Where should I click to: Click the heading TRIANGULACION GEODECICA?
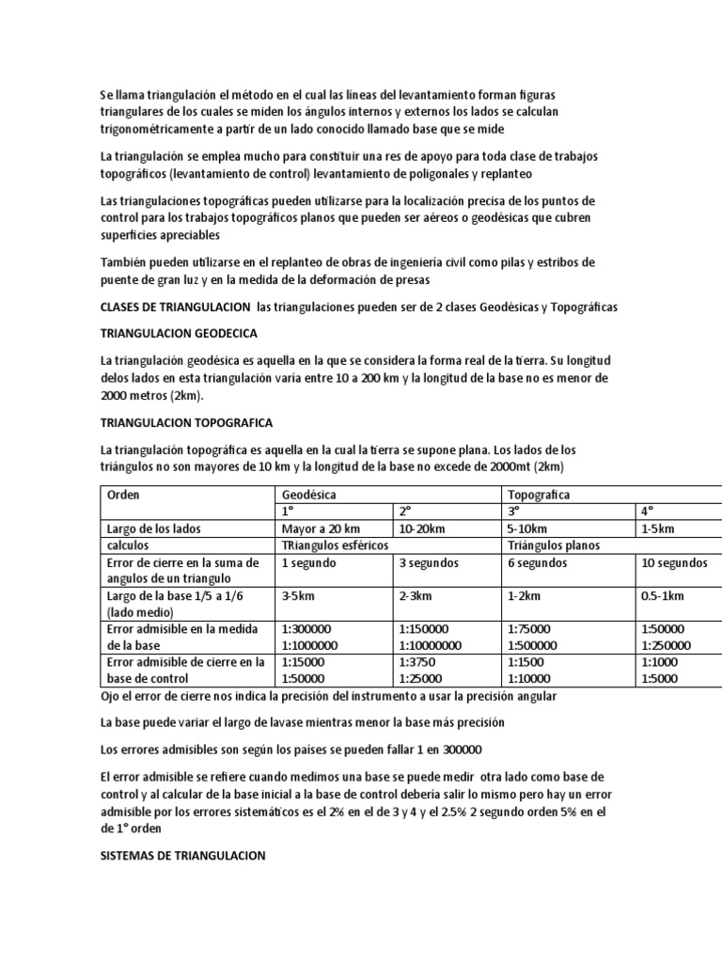coord(179,334)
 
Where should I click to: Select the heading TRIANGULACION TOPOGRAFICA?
coord(186,422)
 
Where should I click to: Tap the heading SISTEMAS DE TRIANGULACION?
coord(183,856)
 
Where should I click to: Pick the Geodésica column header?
coord(309,495)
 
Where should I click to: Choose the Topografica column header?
coord(539,495)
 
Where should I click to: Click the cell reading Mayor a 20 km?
coord(321,529)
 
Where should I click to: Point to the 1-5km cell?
coord(658,529)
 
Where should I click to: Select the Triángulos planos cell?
coord(554,545)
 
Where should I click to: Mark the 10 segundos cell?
coord(673,562)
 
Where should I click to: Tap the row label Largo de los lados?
coord(154,529)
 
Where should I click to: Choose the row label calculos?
coord(129,545)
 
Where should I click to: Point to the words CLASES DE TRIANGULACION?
coord(174,308)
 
